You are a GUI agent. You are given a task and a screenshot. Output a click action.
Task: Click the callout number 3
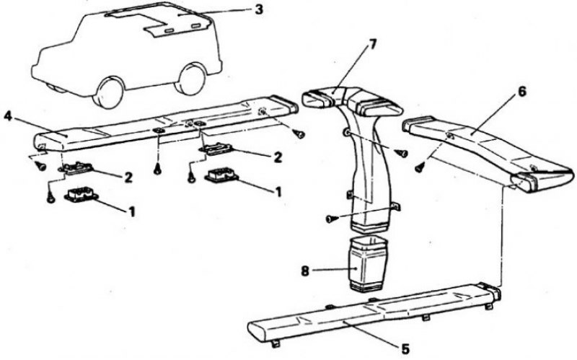(259, 10)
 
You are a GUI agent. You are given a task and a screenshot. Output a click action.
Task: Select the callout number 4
(8, 117)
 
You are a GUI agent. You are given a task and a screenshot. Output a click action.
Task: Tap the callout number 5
(405, 348)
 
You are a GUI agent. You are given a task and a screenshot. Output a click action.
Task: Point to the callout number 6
(521, 92)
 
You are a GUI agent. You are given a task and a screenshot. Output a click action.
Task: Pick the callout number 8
(305, 272)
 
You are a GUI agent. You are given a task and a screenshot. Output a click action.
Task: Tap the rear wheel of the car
(190, 79)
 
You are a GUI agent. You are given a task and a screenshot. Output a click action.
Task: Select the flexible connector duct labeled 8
(367, 265)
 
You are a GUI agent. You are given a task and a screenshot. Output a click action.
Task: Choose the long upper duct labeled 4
(166, 123)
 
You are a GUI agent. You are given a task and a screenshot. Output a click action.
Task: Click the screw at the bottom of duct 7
(331, 219)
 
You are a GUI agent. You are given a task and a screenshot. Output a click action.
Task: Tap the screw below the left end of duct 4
(40, 167)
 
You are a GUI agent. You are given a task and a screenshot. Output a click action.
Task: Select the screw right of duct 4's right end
(299, 134)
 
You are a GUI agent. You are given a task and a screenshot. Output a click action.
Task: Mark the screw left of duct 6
(419, 168)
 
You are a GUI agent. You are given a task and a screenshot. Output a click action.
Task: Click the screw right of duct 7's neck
(401, 152)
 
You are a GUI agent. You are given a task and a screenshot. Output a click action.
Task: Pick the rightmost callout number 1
(278, 191)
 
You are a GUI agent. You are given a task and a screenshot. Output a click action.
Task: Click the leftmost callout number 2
(128, 177)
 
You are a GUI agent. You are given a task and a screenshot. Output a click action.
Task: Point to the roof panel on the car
(158, 22)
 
